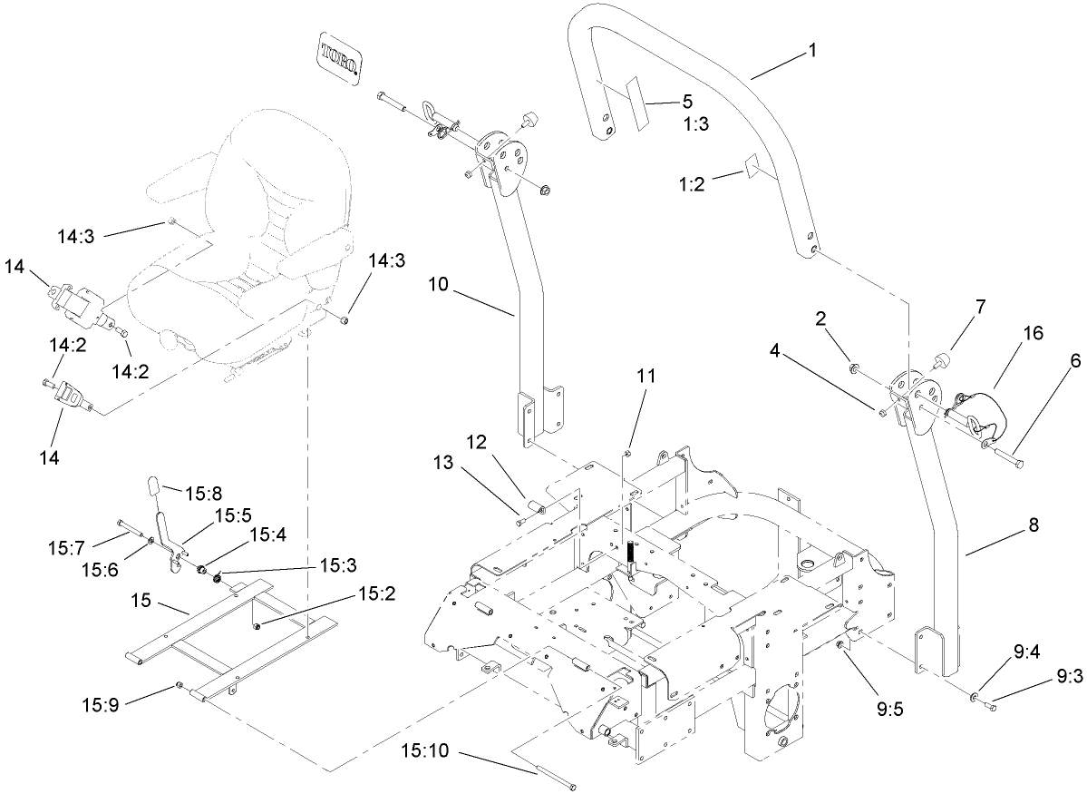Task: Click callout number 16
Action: tap(1034, 334)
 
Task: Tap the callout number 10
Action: tap(439, 284)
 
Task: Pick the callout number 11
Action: tap(649, 375)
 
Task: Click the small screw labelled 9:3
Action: tap(990, 705)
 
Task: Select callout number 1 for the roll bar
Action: tap(812, 52)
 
